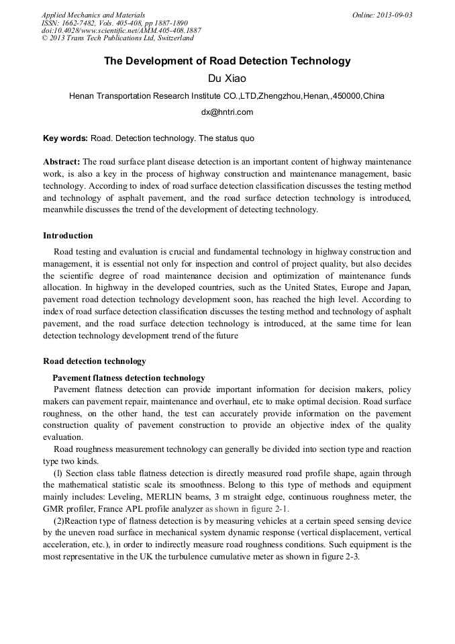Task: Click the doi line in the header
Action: (x=121, y=31)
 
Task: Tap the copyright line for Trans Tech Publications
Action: (x=117, y=38)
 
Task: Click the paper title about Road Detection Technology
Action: (x=227, y=61)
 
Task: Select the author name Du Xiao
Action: (x=227, y=79)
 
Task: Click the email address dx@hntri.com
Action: (x=227, y=112)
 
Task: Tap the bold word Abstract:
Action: (x=62, y=163)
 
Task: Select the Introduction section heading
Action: (x=68, y=236)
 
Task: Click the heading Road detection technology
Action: (x=94, y=361)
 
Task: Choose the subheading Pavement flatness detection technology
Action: (x=129, y=378)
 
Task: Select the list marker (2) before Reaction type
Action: (x=60, y=521)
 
